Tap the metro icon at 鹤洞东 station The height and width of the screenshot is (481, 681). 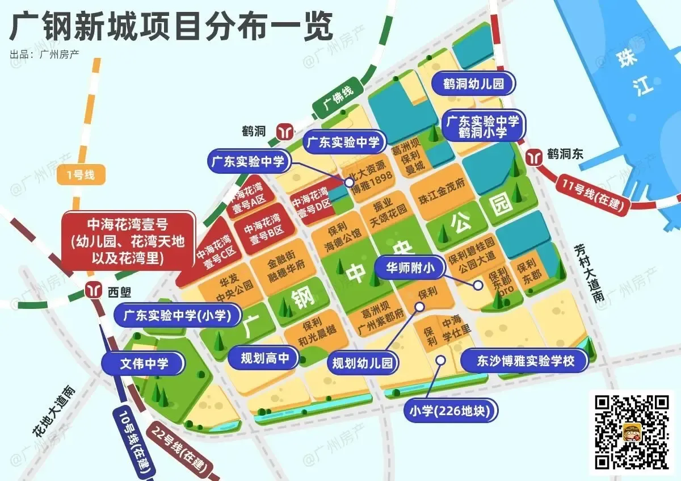tap(534, 155)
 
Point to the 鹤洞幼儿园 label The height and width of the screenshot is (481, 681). tap(474, 84)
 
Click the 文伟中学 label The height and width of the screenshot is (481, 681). tap(144, 363)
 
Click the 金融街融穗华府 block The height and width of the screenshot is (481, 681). tap(287, 272)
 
